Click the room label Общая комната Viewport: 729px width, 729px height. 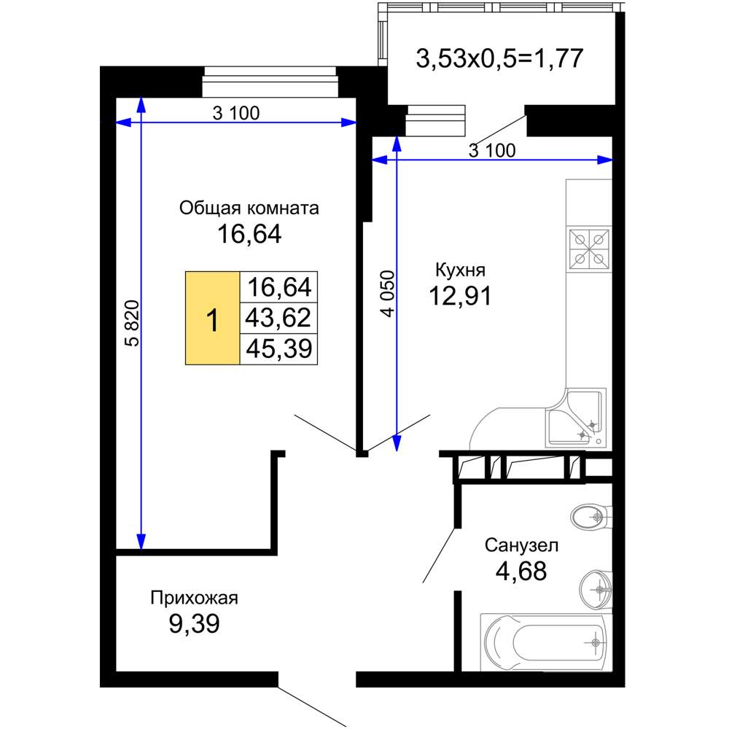[x=249, y=208]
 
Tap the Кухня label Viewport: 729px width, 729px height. [x=460, y=270]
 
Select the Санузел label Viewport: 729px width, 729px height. [x=521, y=545]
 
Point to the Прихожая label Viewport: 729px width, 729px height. [x=195, y=598]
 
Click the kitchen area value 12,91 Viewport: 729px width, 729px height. [x=460, y=296]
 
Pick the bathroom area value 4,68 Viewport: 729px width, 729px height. [x=521, y=571]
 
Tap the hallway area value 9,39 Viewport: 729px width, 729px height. [x=195, y=624]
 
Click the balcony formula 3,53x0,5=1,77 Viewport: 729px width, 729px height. [x=500, y=59]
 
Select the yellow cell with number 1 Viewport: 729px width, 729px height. [x=212, y=318]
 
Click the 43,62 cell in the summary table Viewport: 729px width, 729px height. [x=278, y=318]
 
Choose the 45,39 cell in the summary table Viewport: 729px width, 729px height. [x=278, y=348]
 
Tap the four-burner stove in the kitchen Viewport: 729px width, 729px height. [x=589, y=249]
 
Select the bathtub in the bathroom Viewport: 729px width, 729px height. [x=545, y=642]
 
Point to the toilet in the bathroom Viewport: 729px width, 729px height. [x=590, y=517]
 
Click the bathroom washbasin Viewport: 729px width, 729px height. [x=596, y=590]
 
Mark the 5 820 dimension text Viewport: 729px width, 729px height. [x=133, y=324]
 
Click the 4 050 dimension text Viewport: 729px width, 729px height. [x=388, y=294]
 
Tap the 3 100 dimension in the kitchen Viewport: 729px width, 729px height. [x=492, y=151]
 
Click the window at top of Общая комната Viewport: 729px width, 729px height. [x=269, y=82]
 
